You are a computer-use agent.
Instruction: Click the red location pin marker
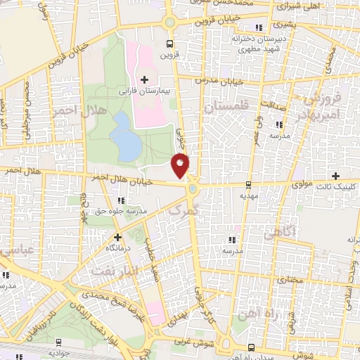(x=181, y=165)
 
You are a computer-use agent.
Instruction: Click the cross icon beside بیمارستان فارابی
(x=145, y=79)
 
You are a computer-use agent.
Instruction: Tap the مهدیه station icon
(x=247, y=186)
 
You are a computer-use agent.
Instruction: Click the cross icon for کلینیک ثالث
(x=335, y=175)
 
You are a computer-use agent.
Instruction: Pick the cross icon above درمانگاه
(x=117, y=237)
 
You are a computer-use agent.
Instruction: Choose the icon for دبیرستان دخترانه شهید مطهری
(x=259, y=28)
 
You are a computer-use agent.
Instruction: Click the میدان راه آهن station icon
(x=251, y=347)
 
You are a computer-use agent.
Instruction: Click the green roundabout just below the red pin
(x=191, y=189)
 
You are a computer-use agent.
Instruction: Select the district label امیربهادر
(x=320, y=112)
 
